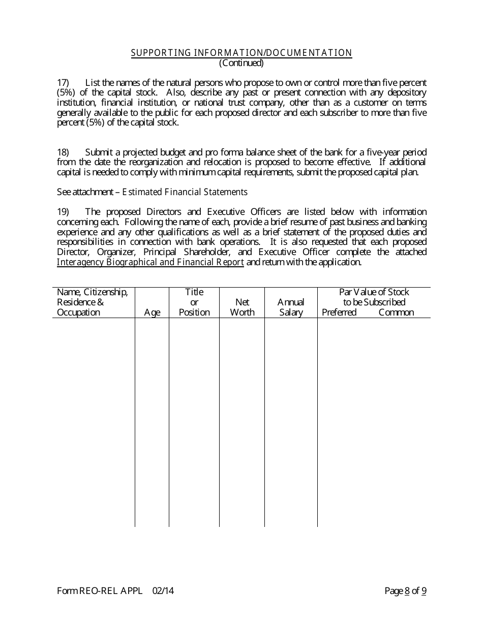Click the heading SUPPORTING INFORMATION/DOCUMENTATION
coord(242,53)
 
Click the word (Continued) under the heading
coord(242,63)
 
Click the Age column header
coord(152,312)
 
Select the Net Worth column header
coord(242,307)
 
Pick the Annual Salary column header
coord(291,307)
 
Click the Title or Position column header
coord(194,302)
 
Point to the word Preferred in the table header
coord(339,312)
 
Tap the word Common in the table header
coord(396,312)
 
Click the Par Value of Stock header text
coord(374,292)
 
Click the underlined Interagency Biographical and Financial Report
coord(150,263)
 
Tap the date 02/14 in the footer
coord(159,591)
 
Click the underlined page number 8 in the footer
coord(407,591)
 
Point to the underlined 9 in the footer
coord(424,591)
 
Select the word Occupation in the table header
coord(78,312)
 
